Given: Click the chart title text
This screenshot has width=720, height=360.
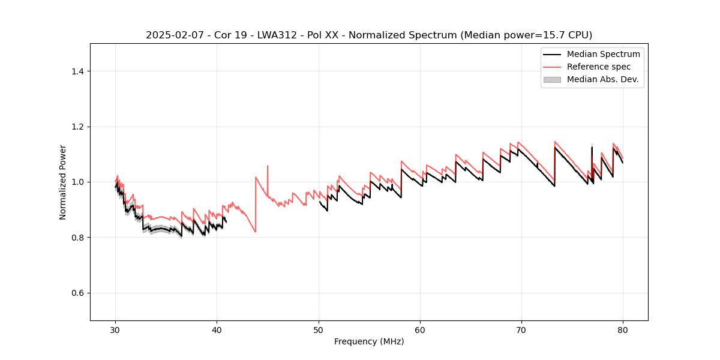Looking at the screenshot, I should click(x=369, y=35).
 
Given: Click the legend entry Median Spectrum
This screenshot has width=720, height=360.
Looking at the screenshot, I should click(x=603, y=54).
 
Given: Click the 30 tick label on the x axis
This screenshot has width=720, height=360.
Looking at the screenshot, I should click(x=116, y=329).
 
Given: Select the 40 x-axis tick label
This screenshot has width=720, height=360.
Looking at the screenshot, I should click(x=217, y=329).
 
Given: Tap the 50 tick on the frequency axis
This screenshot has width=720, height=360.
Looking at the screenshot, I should click(x=319, y=329).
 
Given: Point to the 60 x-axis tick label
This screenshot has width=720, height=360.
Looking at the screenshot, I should click(x=420, y=329).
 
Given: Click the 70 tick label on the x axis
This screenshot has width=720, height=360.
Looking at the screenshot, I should click(x=521, y=329).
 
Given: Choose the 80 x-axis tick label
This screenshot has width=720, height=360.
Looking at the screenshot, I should click(x=623, y=329).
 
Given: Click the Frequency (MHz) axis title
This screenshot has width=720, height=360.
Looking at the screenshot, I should click(x=369, y=341).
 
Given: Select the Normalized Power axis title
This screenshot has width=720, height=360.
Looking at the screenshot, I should click(x=63, y=182).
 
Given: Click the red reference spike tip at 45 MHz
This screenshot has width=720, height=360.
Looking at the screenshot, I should click(x=268, y=166).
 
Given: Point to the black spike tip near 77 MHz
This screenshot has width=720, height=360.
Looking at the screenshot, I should click(x=592, y=148).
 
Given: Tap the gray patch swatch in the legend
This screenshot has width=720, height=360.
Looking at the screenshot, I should click(x=552, y=79).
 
